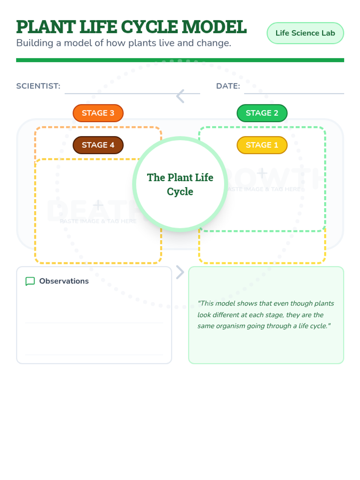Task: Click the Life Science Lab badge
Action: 305,33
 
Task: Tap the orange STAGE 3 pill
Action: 98,113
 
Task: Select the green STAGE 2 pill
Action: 262,113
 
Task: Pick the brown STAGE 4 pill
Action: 98,145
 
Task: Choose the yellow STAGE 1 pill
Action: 262,145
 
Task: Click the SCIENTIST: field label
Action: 38,86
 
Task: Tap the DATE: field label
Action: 228,86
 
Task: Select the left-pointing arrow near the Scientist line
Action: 180,96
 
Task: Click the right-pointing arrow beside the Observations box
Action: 180,272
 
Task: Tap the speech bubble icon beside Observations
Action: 30,281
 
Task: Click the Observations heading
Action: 64,281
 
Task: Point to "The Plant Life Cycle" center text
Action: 180,184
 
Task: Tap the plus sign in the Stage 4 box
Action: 98,205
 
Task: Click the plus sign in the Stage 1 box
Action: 262,173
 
